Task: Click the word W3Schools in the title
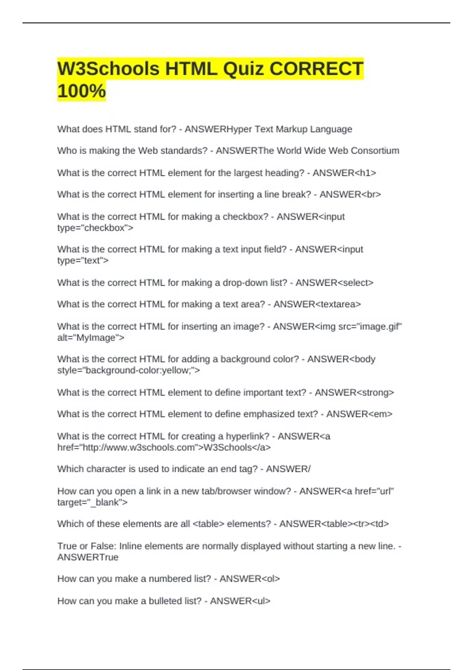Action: pos(108,69)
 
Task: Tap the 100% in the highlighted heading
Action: pos(82,91)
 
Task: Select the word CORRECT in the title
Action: pos(316,69)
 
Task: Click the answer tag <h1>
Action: pos(365,173)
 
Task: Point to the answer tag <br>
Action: pos(371,195)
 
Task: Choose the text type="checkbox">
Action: pos(95,228)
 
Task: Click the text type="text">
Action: pos(83,261)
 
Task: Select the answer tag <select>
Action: pos(356,283)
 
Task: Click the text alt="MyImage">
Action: pos(91,338)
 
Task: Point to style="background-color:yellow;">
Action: pos(128,370)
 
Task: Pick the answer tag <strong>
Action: pos(375,393)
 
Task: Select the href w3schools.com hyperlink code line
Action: pos(164,448)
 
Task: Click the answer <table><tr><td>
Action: pos(355,524)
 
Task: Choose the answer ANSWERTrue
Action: pos(88,557)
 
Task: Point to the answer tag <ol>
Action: pos(271,579)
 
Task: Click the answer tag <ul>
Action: pos(261,601)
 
